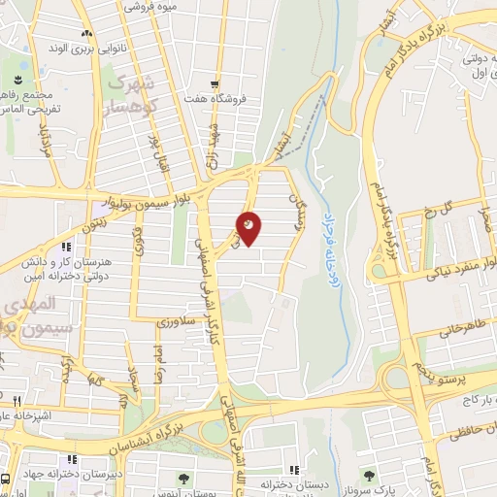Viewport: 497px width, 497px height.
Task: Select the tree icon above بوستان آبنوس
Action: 182,479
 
